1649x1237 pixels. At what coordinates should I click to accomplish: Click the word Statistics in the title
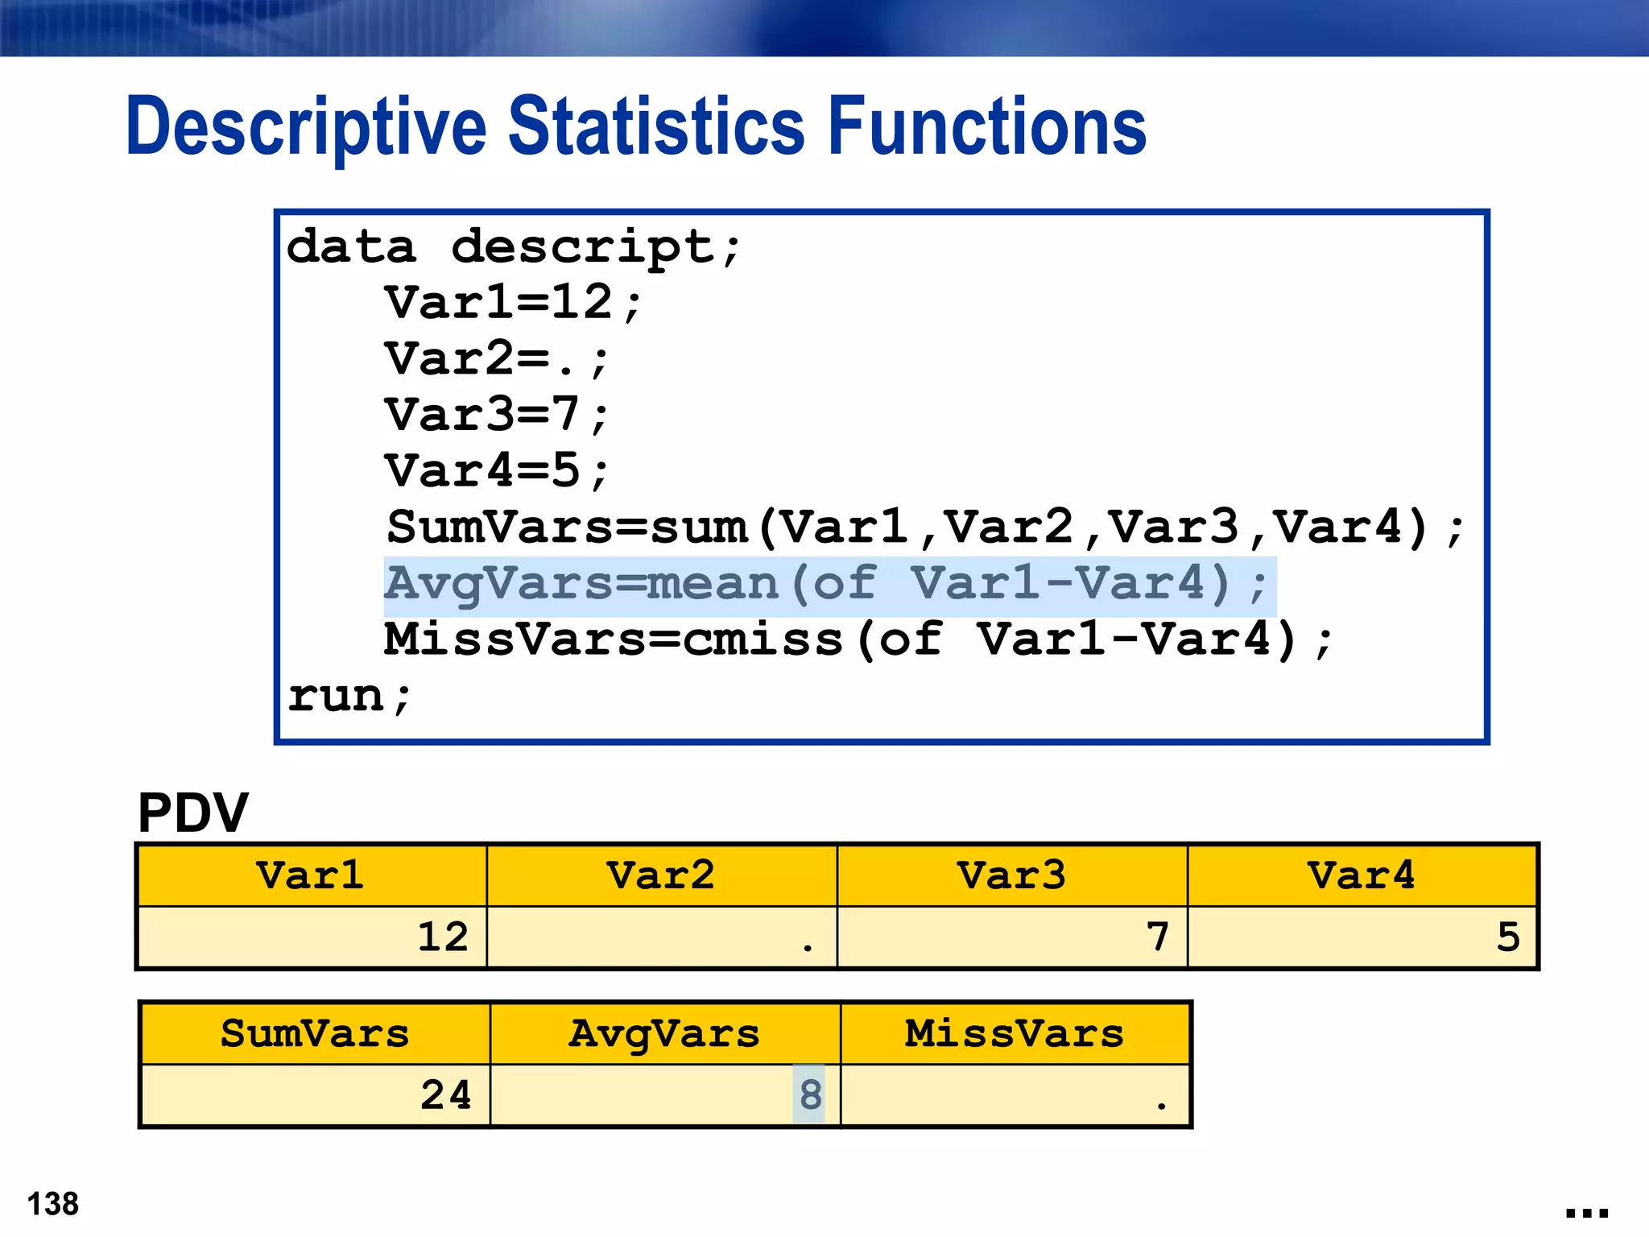point(656,126)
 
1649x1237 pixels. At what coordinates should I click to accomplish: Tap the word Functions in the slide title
point(987,126)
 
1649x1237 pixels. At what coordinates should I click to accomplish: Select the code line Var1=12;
point(514,303)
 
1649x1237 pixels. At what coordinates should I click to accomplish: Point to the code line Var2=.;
point(496,359)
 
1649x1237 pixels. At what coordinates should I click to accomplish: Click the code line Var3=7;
point(496,416)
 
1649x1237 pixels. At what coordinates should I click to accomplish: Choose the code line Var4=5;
point(496,471)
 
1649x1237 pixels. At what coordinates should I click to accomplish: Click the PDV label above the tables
point(193,813)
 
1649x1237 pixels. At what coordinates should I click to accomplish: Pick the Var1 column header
point(311,875)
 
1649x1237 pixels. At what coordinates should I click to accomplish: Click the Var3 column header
point(1011,875)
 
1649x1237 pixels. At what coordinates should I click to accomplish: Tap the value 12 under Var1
point(442,937)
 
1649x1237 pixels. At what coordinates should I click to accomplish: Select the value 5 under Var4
point(1508,937)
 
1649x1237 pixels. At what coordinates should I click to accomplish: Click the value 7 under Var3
point(1158,937)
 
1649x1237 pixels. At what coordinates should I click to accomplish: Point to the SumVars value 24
point(445,1095)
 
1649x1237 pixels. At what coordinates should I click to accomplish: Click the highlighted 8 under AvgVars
point(810,1095)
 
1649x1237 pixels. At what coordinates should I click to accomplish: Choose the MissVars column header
point(1015,1034)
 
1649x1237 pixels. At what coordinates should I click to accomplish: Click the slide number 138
point(53,1205)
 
